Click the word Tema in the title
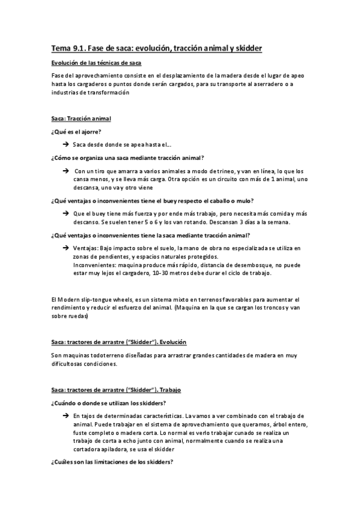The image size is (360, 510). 61,47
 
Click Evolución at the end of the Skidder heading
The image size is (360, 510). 171,342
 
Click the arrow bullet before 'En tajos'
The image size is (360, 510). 65,416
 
